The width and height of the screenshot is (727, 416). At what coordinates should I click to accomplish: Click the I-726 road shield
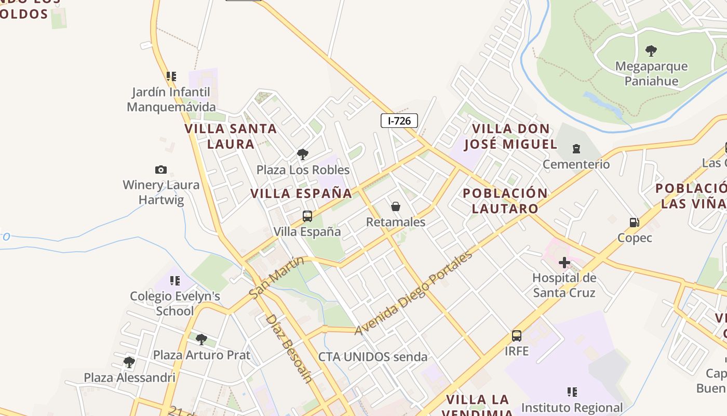point(399,121)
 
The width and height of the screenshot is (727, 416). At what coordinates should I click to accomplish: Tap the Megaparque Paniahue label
point(651,74)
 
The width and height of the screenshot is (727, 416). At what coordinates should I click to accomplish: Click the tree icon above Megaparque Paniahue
point(651,51)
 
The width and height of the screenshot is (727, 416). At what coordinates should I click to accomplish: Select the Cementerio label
point(576,164)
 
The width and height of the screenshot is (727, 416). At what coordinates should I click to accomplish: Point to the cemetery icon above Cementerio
point(576,149)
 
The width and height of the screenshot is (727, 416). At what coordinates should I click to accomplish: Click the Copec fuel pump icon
point(634,223)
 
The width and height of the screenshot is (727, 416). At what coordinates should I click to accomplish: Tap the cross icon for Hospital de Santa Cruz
point(564,263)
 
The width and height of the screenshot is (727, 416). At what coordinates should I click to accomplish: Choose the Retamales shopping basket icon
point(396,207)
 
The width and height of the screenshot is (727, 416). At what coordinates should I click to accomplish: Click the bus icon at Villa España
point(307,216)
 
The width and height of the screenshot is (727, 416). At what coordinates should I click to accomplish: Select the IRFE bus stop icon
point(516,336)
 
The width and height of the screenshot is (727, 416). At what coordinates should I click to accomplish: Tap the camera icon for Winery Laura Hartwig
point(161,170)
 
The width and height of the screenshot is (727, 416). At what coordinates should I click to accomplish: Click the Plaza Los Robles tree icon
point(303,154)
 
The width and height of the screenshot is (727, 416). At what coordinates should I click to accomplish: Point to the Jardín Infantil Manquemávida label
point(171,99)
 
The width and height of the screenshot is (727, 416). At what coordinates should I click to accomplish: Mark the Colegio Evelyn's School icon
point(175,281)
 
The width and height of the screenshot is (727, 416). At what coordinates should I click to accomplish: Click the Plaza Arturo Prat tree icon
point(201,340)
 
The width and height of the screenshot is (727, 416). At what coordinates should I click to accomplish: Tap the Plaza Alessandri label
point(130,378)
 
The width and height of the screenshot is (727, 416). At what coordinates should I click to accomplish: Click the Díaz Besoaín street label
point(289,348)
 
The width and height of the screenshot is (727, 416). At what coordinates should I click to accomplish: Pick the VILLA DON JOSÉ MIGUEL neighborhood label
point(510,136)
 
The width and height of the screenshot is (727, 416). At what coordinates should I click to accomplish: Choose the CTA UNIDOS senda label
point(373,357)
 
